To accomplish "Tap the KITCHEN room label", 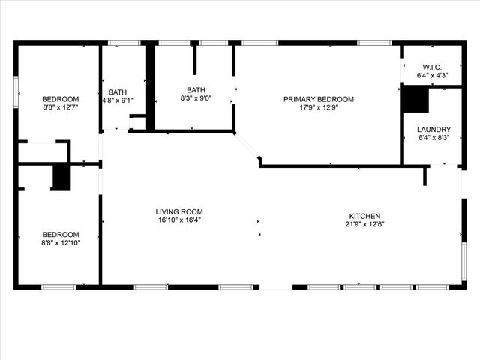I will pos(363,216).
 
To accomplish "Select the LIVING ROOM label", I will pos(179,211).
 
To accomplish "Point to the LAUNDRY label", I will pos(433,129).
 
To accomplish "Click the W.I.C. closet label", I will pos(433,66).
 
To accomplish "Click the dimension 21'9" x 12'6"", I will pos(363,224).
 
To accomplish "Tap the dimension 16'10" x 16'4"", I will pos(179,220).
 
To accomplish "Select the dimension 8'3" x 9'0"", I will pos(196,98).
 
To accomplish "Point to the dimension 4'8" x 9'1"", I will pos(118,100).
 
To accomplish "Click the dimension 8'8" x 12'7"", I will pos(60,107).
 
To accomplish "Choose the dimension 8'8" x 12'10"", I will pos(60,242).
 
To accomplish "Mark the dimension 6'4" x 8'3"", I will pos(433,137).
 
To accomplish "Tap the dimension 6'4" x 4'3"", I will pos(433,75).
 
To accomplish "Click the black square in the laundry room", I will pos(415,100).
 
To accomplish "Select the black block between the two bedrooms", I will pos(61,177).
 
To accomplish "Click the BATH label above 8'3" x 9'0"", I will pos(196,90).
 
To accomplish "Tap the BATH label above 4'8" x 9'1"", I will pos(118,92).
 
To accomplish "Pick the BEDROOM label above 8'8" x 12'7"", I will pos(60,99).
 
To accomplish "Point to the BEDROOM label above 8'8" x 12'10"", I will pos(60,234).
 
